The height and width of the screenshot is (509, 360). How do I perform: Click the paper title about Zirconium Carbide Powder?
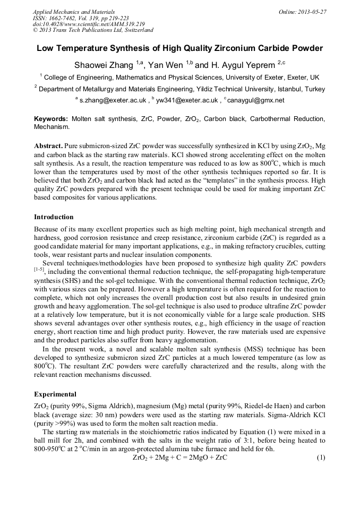point(179,48)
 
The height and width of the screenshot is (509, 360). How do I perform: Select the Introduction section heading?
point(54,217)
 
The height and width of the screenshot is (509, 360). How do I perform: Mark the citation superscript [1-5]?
point(40,270)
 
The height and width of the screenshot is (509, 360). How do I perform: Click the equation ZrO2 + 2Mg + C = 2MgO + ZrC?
point(179,458)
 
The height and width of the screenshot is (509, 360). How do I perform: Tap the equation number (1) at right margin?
point(320,458)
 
